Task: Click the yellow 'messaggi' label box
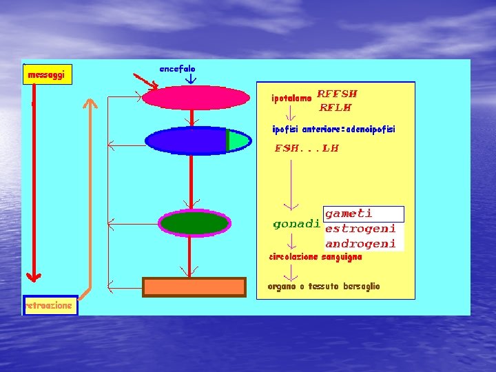tap(47, 74)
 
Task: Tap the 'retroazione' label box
tap(50, 305)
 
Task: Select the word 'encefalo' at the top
tap(177, 69)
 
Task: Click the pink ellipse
tap(195, 98)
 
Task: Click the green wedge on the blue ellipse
tap(237, 141)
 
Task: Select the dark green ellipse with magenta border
tap(194, 223)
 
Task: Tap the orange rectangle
tap(194, 287)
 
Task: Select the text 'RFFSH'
tap(337, 94)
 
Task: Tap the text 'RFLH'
tap(335, 107)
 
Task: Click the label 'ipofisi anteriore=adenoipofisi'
tap(333, 129)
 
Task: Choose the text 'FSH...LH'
tap(307, 148)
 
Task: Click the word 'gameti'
tap(349, 214)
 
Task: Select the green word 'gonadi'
tap(296, 224)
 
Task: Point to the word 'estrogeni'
tap(360, 229)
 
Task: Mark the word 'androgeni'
tap(360, 243)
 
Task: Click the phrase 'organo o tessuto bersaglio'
tap(323, 286)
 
